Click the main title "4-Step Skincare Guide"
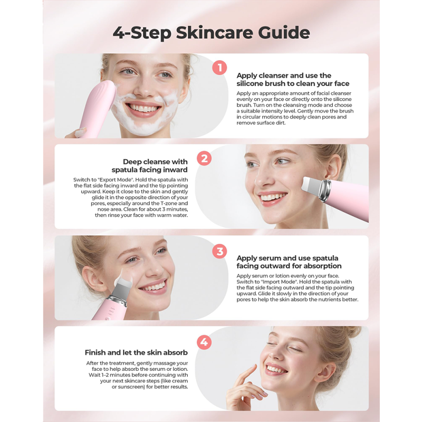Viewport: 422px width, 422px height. tap(211, 32)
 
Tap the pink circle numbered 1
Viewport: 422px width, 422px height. tap(219, 68)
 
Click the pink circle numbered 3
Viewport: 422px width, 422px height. tap(219, 251)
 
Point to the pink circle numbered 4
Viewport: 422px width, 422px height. tap(204, 342)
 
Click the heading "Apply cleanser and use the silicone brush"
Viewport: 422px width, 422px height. tap(292, 80)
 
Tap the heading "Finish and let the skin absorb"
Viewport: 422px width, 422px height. tap(136, 352)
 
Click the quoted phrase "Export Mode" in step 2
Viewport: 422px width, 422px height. tap(116, 180)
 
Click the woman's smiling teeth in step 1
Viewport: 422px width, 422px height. tap(142, 108)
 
